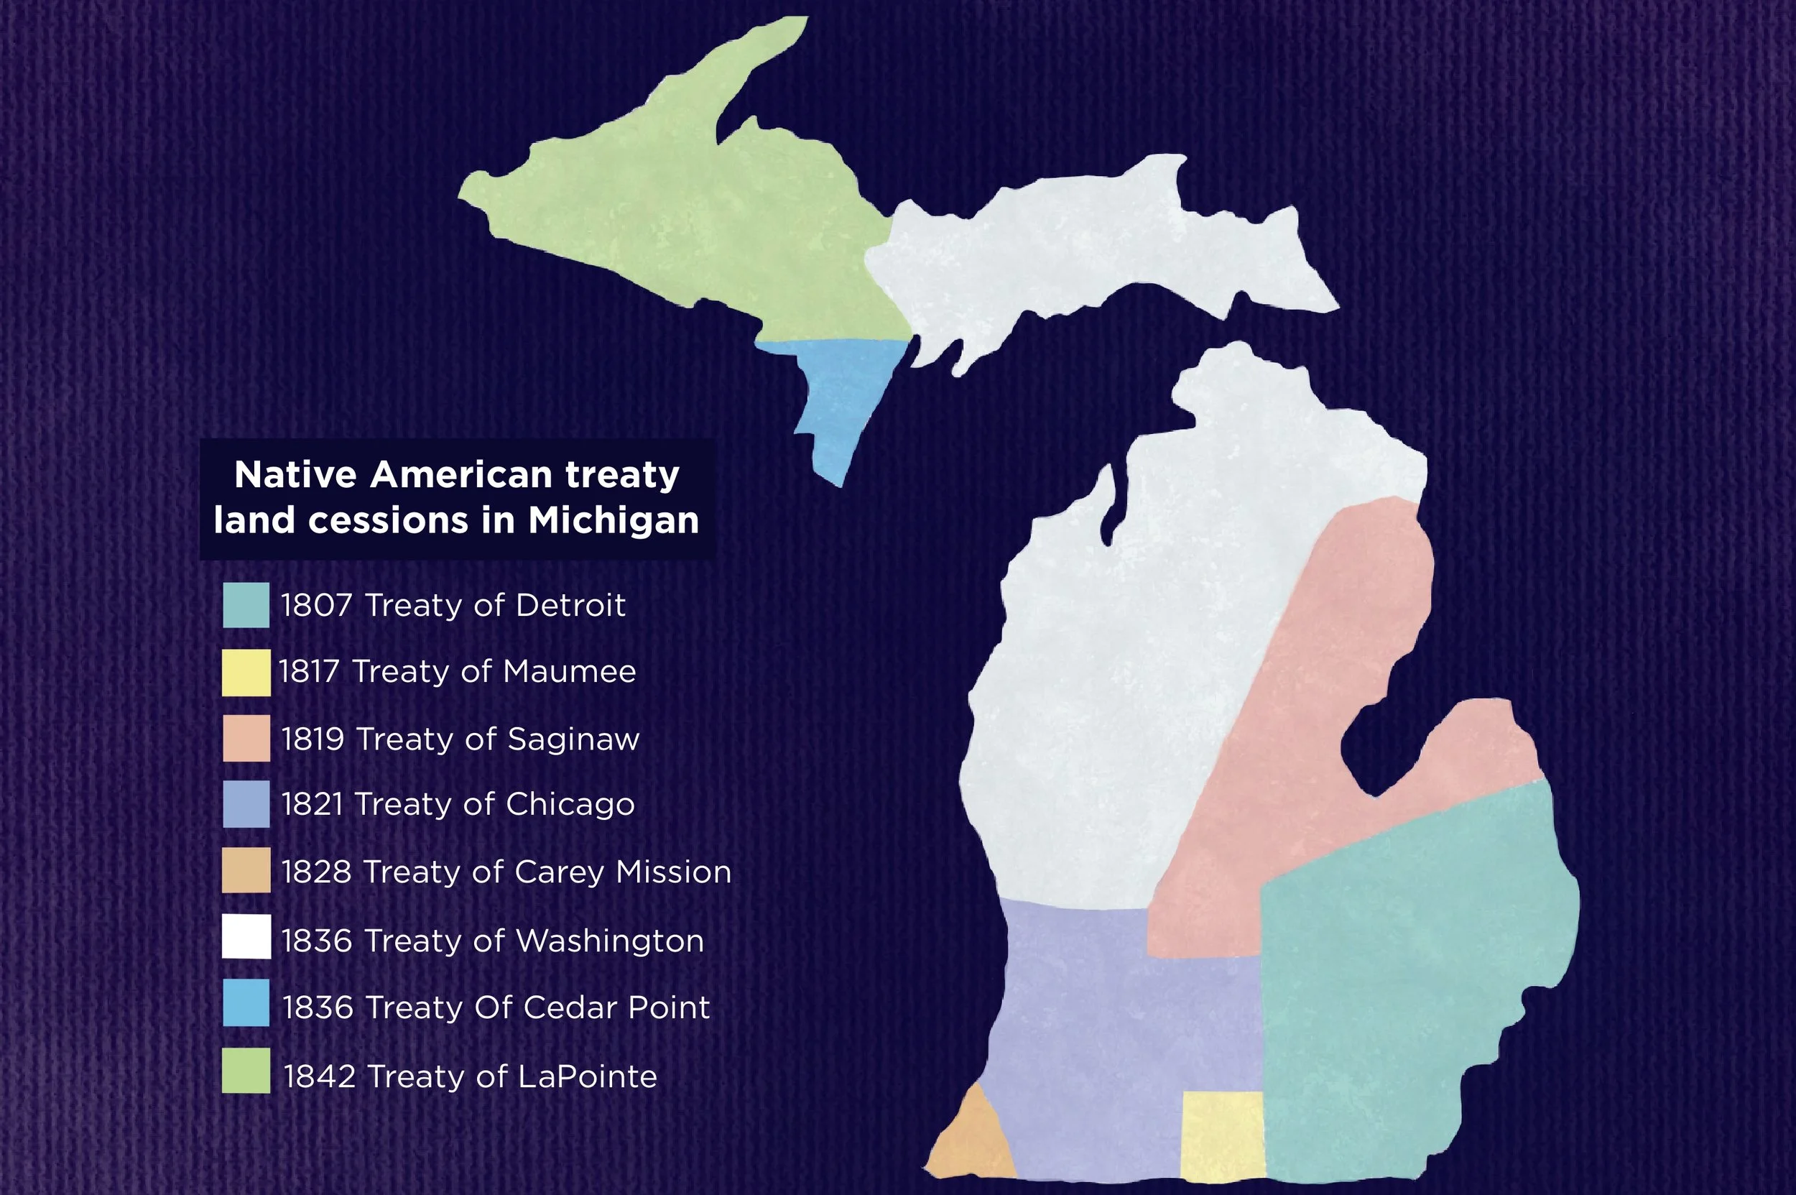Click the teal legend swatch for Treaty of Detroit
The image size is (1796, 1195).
point(246,605)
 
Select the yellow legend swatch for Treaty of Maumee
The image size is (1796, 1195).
point(246,672)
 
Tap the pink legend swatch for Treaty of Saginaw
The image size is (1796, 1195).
point(246,738)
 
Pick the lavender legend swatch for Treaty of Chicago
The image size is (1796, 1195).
point(246,804)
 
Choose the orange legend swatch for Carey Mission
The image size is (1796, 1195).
point(246,870)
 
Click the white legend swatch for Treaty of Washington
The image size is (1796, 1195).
point(246,936)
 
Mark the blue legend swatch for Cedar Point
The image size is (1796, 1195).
point(246,1003)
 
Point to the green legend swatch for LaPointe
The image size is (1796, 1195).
point(246,1071)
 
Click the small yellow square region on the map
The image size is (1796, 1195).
point(1221,1135)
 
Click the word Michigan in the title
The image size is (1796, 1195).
point(614,520)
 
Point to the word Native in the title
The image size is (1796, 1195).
point(296,475)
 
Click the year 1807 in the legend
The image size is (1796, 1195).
point(316,606)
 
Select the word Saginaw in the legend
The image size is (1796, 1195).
point(573,739)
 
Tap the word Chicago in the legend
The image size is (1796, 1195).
point(569,805)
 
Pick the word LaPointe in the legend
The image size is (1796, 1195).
point(587,1077)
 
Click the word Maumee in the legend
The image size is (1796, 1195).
point(568,672)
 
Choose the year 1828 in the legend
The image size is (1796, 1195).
point(316,872)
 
